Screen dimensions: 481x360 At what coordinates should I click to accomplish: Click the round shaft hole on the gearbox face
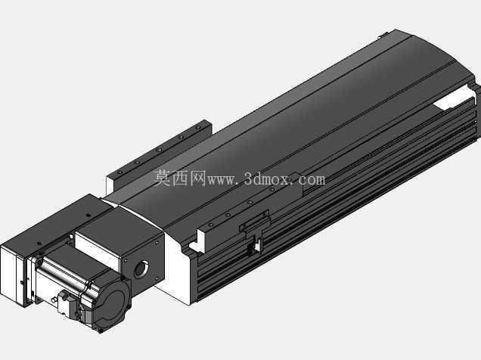point(141,269)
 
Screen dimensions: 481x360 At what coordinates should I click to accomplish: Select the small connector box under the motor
point(65,301)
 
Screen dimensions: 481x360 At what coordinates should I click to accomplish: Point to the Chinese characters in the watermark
point(180,178)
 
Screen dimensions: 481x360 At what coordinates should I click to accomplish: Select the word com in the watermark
point(312,180)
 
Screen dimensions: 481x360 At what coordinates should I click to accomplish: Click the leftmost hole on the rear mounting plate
point(120,172)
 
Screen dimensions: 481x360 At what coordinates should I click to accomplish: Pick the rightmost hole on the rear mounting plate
point(199,126)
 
